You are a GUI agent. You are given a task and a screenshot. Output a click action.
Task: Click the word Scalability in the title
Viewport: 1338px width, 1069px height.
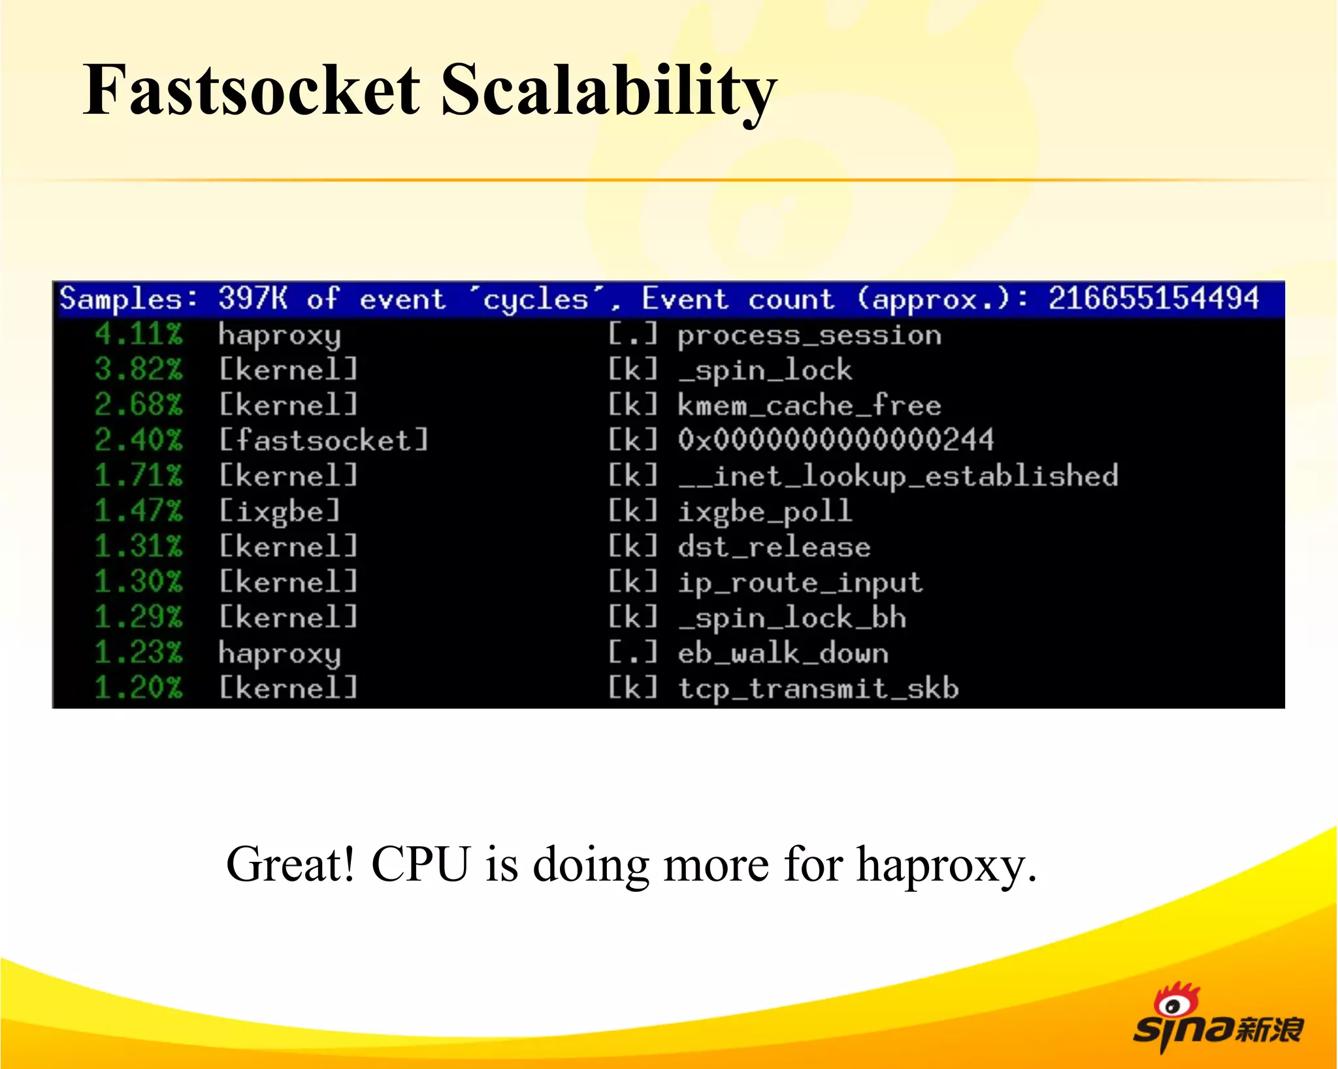point(608,91)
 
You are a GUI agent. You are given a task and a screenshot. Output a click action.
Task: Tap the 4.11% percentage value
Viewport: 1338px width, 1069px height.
point(139,334)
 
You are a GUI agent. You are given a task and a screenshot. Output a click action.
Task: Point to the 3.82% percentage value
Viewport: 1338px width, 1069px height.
point(139,369)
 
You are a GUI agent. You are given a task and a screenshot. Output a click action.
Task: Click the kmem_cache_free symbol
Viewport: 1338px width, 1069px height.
point(809,406)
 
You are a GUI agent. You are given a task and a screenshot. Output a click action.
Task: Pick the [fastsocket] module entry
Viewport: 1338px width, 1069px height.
point(323,440)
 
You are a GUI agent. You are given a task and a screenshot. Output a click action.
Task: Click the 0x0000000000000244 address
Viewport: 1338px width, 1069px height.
point(836,440)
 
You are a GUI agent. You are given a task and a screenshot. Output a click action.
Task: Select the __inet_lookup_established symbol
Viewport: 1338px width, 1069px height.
point(898,476)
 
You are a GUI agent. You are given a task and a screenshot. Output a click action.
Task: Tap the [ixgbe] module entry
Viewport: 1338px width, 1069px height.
point(280,511)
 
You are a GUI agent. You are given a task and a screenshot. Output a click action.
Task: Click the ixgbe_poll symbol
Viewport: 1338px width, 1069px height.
point(765,512)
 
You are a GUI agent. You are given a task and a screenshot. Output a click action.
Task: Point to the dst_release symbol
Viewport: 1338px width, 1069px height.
point(774,547)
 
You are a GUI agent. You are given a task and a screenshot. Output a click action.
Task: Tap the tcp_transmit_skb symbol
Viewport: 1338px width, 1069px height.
point(818,689)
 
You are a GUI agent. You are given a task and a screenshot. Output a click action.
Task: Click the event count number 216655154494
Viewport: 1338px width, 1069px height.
point(1153,299)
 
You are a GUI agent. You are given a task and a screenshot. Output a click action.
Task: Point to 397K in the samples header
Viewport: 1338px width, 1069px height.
point(252,299)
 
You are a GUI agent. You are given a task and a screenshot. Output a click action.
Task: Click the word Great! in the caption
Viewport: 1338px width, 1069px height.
point(291,864)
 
